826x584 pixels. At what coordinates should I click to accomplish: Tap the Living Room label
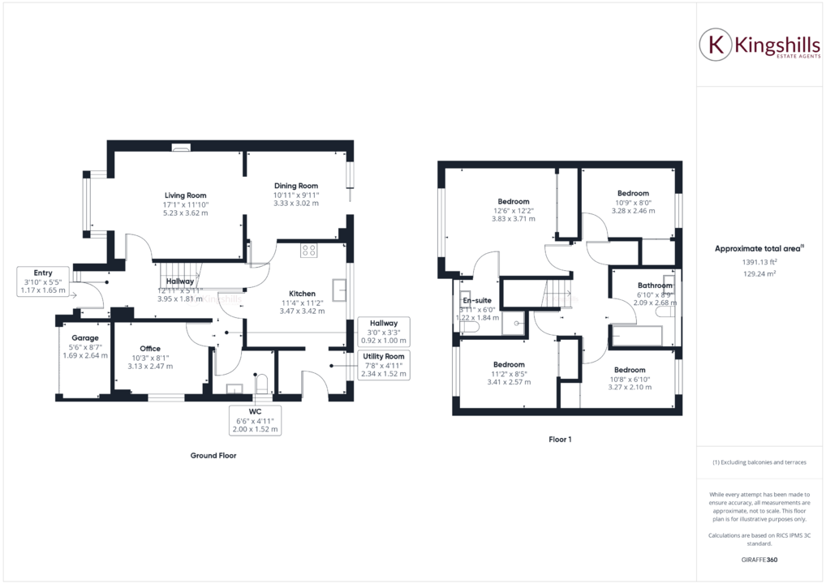pos(186,195)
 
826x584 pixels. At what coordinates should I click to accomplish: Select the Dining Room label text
pos(295,186)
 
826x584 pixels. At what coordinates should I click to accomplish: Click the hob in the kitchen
pos(308,251)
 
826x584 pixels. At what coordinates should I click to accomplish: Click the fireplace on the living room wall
pos(181,148)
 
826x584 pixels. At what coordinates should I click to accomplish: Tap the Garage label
pos(84,338)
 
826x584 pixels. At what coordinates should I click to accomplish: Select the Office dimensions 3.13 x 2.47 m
pos(150,366)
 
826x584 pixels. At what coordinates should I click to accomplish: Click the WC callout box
pos(256,419)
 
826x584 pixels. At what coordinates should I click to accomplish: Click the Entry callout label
pos(43,281)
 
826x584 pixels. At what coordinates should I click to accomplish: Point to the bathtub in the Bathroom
pos(639,335)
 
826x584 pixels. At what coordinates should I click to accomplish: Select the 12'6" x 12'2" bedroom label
pos(513,210)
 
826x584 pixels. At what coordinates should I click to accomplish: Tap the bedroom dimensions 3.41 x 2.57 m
pos(508,382)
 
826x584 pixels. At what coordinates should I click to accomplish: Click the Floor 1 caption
pos(559,440)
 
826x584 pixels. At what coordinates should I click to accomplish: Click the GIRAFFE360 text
pos(759,560)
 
